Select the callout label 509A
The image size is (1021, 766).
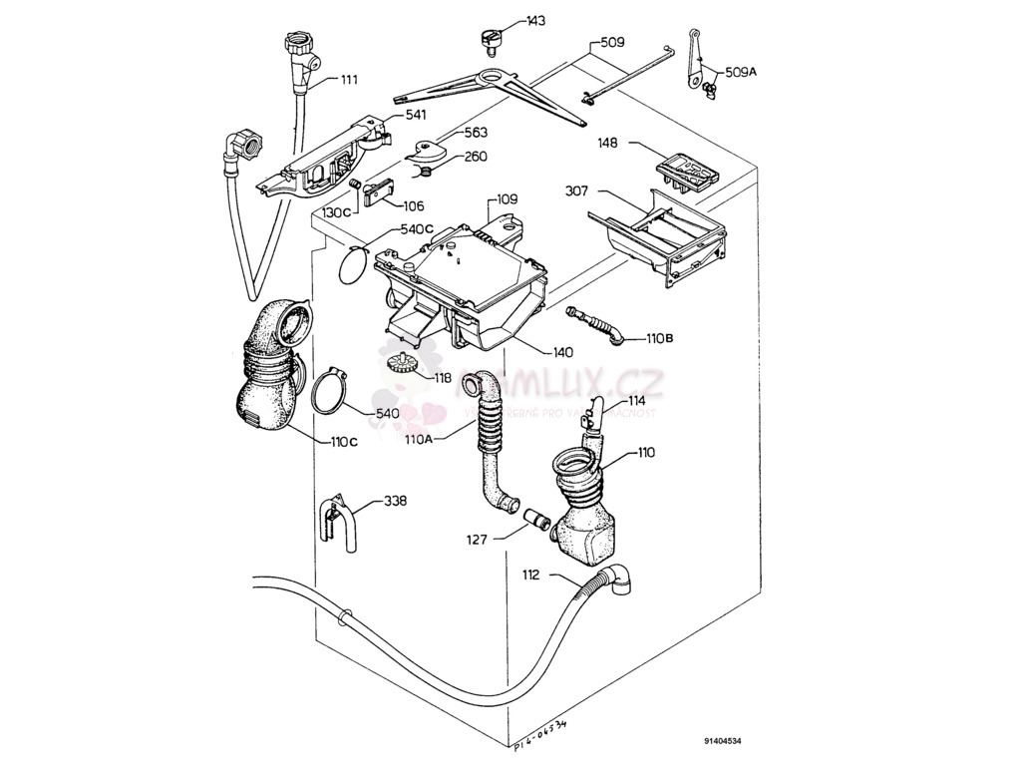741,72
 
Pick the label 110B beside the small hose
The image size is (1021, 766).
660,339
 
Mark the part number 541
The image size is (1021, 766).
417,117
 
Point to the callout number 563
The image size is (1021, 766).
477,131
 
